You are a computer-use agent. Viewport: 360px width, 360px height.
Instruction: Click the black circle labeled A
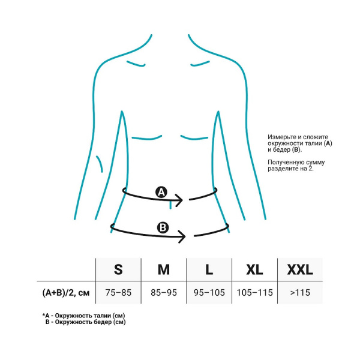(161, 192)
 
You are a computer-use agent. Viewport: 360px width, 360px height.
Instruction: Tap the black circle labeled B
(163, 227)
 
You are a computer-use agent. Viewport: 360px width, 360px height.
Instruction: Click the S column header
(118, 269)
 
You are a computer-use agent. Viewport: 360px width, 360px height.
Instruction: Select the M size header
(164, 269)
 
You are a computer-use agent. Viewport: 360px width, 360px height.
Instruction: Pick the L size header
(209, 269)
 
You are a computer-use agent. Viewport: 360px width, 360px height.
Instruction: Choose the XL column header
(254, 269)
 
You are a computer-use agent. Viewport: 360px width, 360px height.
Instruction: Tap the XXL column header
(300, 269)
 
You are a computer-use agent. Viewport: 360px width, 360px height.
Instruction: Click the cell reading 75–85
(118, 293)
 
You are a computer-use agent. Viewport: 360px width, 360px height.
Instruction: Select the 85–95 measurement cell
(164, 293)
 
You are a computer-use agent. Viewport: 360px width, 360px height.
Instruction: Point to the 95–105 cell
(209, 293)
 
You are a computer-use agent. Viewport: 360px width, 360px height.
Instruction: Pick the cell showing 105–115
(254, 293)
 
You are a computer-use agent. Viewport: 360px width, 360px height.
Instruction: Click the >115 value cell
(300, 293)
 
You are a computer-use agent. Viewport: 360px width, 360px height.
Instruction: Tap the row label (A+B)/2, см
(66, 293)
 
